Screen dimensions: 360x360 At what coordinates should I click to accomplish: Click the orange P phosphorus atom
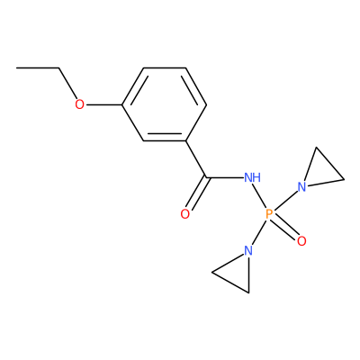point(269,214)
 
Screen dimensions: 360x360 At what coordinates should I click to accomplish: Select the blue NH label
point(253,177)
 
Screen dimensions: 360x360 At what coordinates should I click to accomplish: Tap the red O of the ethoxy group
point(79,104)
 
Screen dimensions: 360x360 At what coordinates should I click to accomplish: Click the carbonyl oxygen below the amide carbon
point(185,214)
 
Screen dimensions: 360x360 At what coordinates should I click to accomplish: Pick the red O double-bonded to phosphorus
point(302,241)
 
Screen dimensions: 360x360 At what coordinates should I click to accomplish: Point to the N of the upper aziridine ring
point(302,187)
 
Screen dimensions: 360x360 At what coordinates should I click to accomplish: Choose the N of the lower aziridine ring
point(248,250)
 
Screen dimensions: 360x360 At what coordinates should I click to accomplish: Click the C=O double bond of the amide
point(197,193)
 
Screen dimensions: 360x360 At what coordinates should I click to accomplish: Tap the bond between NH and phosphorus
point(260,196)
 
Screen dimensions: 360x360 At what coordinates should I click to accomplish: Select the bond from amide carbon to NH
point(225,177)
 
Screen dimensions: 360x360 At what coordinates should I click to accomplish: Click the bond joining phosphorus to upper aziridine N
point(285,200)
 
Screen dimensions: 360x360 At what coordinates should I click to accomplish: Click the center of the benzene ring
point(165,104)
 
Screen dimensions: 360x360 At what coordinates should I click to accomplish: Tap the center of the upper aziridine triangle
point(320,172)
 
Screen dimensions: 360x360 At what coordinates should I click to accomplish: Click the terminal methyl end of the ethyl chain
point(17,68)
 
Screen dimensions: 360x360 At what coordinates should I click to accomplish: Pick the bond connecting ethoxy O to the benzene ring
point(103,104)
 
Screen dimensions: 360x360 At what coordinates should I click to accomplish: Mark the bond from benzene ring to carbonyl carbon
point(196,159)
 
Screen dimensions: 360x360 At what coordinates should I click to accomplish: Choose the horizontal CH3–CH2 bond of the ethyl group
point(38,68)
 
